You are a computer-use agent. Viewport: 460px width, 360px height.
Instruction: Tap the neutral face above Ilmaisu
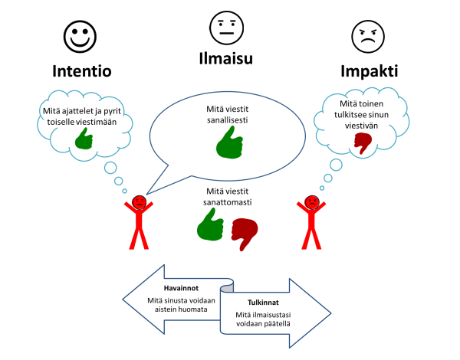click(226, 28)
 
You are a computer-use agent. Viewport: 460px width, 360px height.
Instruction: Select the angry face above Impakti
click(366, 35)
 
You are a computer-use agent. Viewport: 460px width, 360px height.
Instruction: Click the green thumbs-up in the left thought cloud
click(84, 138)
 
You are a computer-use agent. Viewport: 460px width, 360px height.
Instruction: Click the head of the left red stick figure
click(140, 203)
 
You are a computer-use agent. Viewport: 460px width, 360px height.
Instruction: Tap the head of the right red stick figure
click(311, 203)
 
